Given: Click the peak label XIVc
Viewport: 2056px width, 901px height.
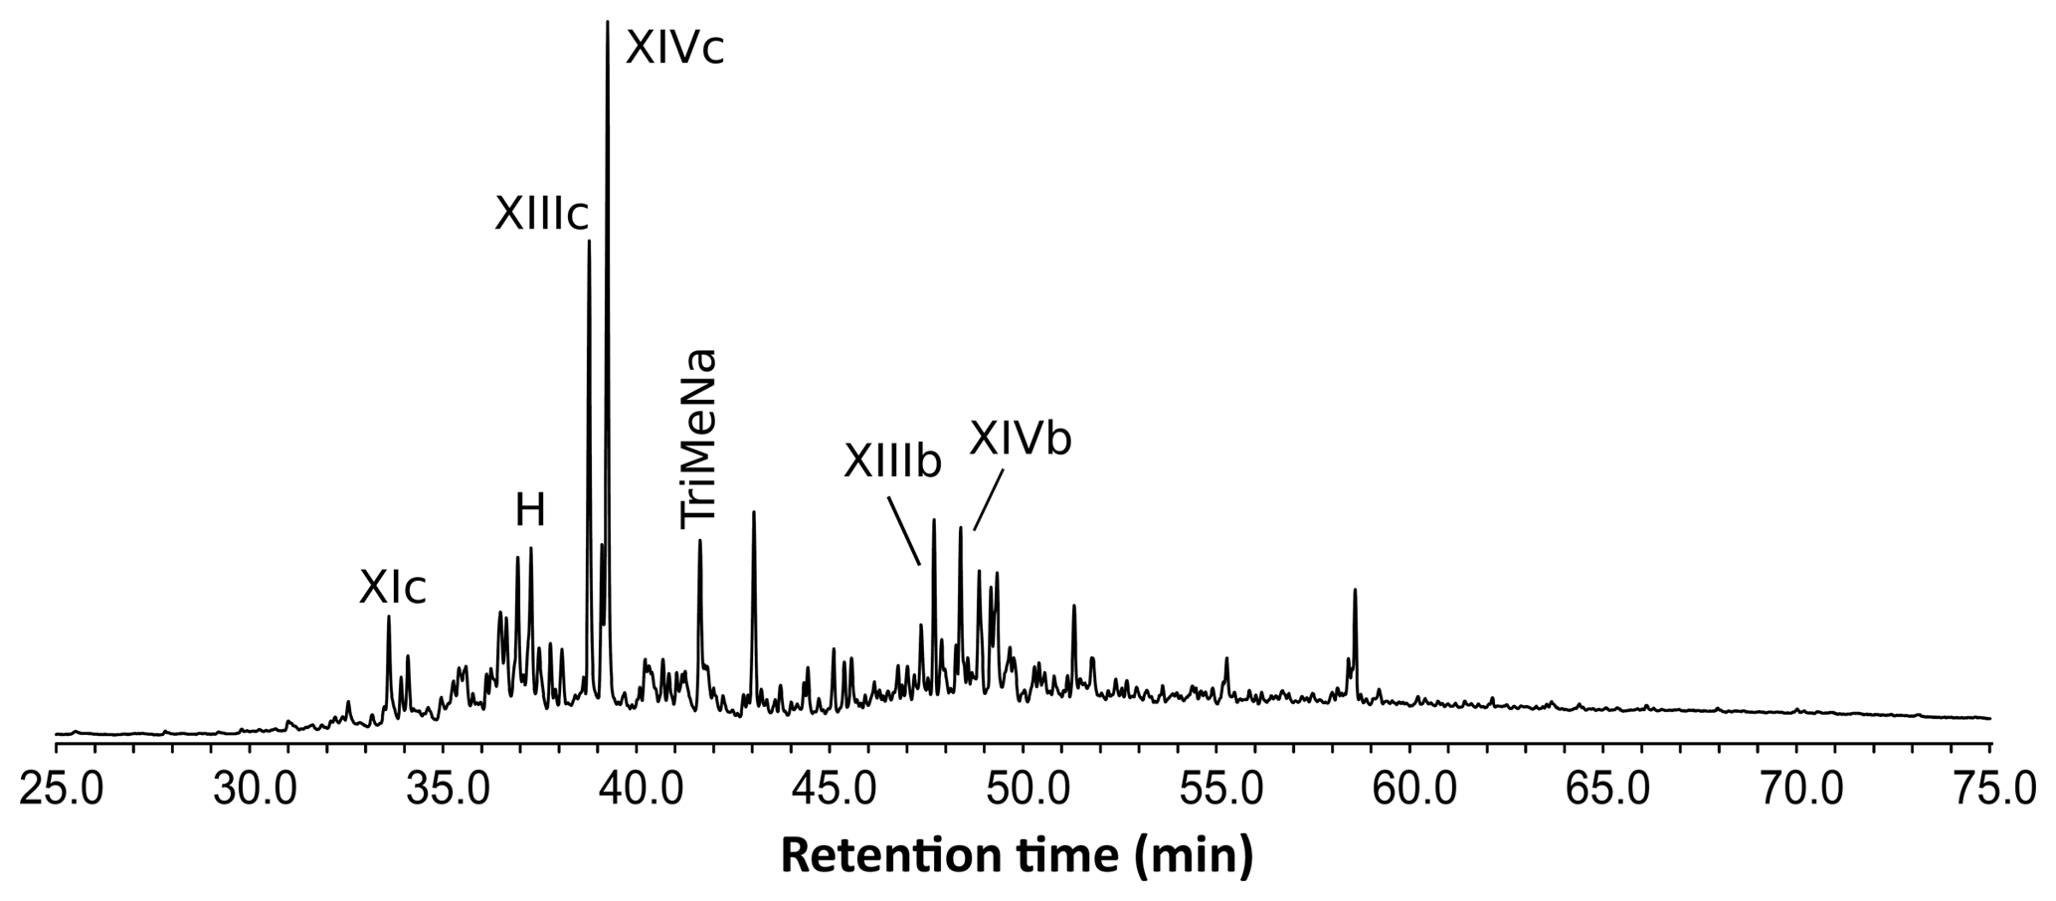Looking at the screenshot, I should [674, 48].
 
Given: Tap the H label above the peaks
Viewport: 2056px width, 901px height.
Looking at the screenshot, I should [530, 511].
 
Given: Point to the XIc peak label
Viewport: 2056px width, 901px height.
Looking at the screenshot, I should [392, 589].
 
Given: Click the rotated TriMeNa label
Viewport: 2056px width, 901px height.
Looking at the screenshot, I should [698, 439].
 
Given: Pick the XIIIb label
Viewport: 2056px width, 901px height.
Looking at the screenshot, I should [892, 461].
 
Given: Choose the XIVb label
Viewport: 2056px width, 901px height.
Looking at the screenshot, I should [1021, 439].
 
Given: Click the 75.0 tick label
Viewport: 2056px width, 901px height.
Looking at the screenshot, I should [1989, 793].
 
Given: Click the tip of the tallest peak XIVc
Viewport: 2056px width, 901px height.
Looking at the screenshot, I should [607, 22].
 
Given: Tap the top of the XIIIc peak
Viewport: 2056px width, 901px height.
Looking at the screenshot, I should [589, 242].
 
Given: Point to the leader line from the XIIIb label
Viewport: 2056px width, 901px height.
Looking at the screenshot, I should [904, 531].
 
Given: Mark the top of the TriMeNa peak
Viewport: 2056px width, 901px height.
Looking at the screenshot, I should [700, 541].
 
